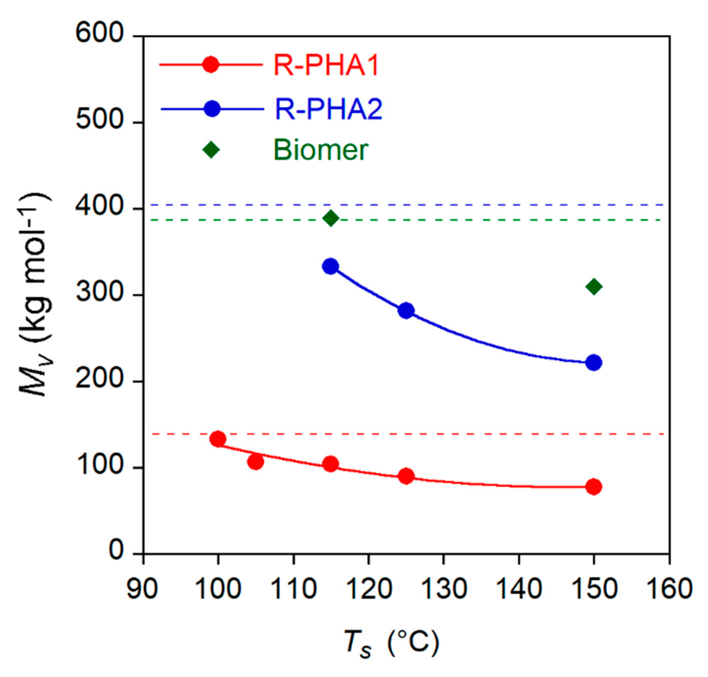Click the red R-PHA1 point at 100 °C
click(217, 439)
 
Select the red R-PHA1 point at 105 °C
click(256, 462)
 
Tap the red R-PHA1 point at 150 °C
click(594, 487)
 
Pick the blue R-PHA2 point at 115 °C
click(330, 267)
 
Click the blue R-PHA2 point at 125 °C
click(406, 311)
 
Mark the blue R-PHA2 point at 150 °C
click(594, 362)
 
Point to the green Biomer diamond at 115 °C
click(330, 218)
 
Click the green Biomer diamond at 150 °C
click(594, 287)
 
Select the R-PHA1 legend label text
click(326, 65)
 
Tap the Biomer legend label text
click(321, 150)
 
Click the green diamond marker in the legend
click(211, 150)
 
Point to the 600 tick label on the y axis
click(99, 35)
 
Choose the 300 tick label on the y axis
click(99, 294)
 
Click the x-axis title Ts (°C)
click(391, 644)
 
